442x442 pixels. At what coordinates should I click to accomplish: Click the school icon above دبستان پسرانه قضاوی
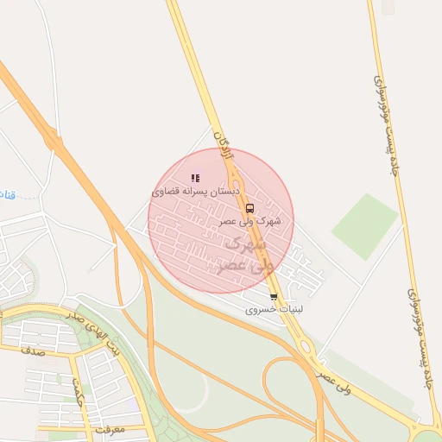pyautogui.click(x=194, y=178)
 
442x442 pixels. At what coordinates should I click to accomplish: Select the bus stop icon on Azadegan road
pyautogui.click(x=249, y=208)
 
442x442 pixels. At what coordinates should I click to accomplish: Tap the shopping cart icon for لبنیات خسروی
pyautogui.click(x=274, y=298)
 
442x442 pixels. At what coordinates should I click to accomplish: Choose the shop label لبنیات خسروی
pyautogui.click(x=275, y=309)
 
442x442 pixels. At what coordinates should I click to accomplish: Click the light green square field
pyautogui.click(x=364, y=225)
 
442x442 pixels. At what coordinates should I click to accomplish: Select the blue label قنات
pyautogui.click(x=7, y=193)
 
